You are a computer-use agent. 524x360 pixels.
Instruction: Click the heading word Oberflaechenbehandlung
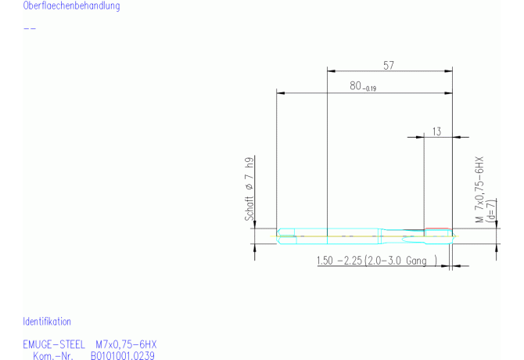[x=71, y=6]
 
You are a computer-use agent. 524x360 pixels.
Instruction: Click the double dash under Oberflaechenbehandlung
[x=30, y=29]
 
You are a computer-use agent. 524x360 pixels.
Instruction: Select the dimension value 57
[x=388, y=66]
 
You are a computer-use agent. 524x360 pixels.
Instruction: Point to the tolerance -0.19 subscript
[x=369, y=89]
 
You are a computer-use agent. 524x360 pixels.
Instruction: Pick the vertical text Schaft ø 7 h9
[x=250, y=189]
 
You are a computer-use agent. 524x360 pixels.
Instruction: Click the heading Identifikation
[x=47, y=322]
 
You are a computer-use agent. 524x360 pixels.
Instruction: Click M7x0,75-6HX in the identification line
[x=126, y=344]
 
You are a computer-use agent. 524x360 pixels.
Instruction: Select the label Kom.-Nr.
[x=53, y=356]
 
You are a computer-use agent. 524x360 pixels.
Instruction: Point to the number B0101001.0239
[x=123, y=356]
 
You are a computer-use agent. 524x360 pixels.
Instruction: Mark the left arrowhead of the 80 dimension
[x=281, y=93]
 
